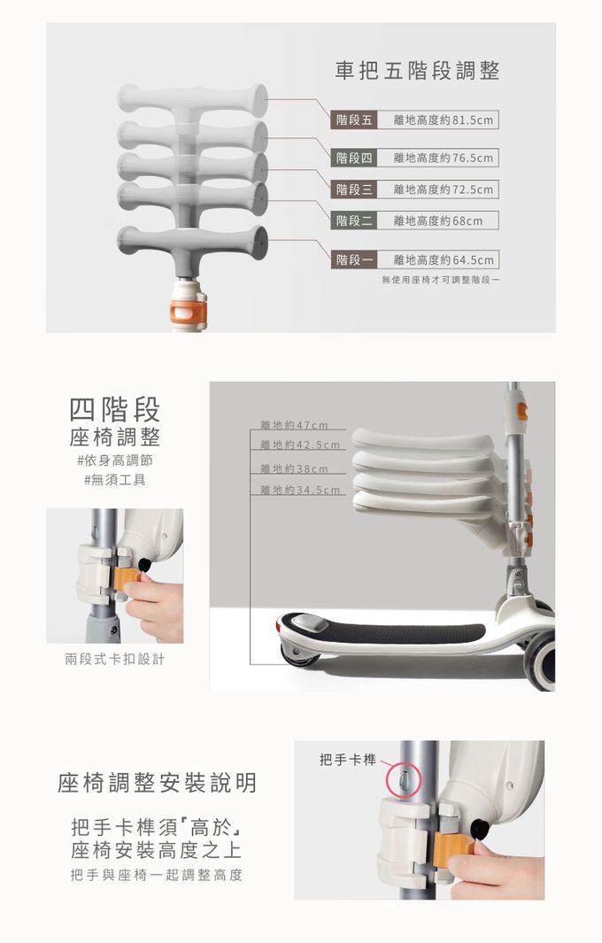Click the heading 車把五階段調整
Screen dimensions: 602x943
click(x=417, y=71)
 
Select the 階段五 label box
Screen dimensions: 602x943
click(x=353, y=120)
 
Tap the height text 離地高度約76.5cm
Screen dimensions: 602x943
click(x=444, y=158)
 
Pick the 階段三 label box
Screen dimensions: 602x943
click(x=353, y=189)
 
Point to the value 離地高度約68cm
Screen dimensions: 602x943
click(x=438, y=220)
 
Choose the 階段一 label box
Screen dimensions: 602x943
click(x=353, y=259)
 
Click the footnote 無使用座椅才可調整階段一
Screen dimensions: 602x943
click(x=440, y=280)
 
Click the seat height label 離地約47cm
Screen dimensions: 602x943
click(x=294, y=425)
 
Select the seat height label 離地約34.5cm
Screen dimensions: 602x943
click(x=300, y=491)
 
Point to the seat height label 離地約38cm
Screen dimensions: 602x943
click(x=294, y=468)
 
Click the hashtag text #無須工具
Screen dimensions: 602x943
click(x=114, y=480)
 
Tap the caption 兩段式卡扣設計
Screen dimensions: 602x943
click(x=114, y=659)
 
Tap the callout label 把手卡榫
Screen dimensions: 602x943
click(x=348, y=761)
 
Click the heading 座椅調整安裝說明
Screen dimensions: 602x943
click(x=157, y=783)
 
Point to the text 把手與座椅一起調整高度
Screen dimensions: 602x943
click(x=157, y=875)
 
